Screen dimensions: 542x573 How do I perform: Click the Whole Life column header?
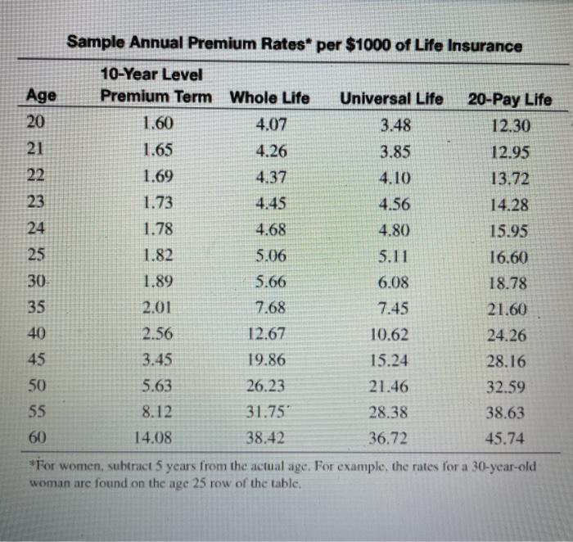[269, 98]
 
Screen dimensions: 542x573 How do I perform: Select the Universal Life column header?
[391, 99]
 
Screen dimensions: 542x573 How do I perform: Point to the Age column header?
[42, 95]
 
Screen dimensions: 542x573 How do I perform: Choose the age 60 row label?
[38, 437]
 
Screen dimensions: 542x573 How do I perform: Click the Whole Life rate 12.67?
[265, 334]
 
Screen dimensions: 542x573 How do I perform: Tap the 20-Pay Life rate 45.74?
[505, 439]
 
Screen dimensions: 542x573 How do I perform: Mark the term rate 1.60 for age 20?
[158, 125]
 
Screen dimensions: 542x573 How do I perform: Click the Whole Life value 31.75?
[265, 412]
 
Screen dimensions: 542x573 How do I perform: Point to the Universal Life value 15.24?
[390, 360]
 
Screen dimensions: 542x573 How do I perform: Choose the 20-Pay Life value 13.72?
[509, 178]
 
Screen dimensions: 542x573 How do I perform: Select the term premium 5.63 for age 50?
[157, 386]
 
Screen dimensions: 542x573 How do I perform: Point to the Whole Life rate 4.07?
[271, 126]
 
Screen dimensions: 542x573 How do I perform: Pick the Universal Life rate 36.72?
[389, 438]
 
